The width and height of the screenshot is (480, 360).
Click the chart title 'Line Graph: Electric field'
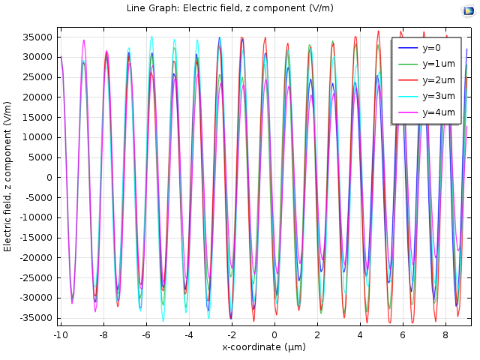tap(232, 9)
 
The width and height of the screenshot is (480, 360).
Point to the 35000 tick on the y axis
tap(37, 37)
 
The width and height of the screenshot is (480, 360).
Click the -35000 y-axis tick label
tap(35, 318)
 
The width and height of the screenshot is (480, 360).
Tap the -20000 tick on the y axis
tap(35, 258)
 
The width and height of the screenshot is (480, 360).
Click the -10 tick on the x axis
tap(61, 334)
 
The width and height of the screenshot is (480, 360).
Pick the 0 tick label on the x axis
tap(274, 334)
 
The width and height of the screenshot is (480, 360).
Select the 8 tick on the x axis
tap(445, 334)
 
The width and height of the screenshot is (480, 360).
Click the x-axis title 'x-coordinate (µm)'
tap(264, 347)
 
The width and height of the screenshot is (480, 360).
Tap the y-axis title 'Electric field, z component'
tap(8, 177)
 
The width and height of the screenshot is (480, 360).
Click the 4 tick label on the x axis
tap(360, 334)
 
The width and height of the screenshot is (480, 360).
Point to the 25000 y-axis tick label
tap(37, 77)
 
